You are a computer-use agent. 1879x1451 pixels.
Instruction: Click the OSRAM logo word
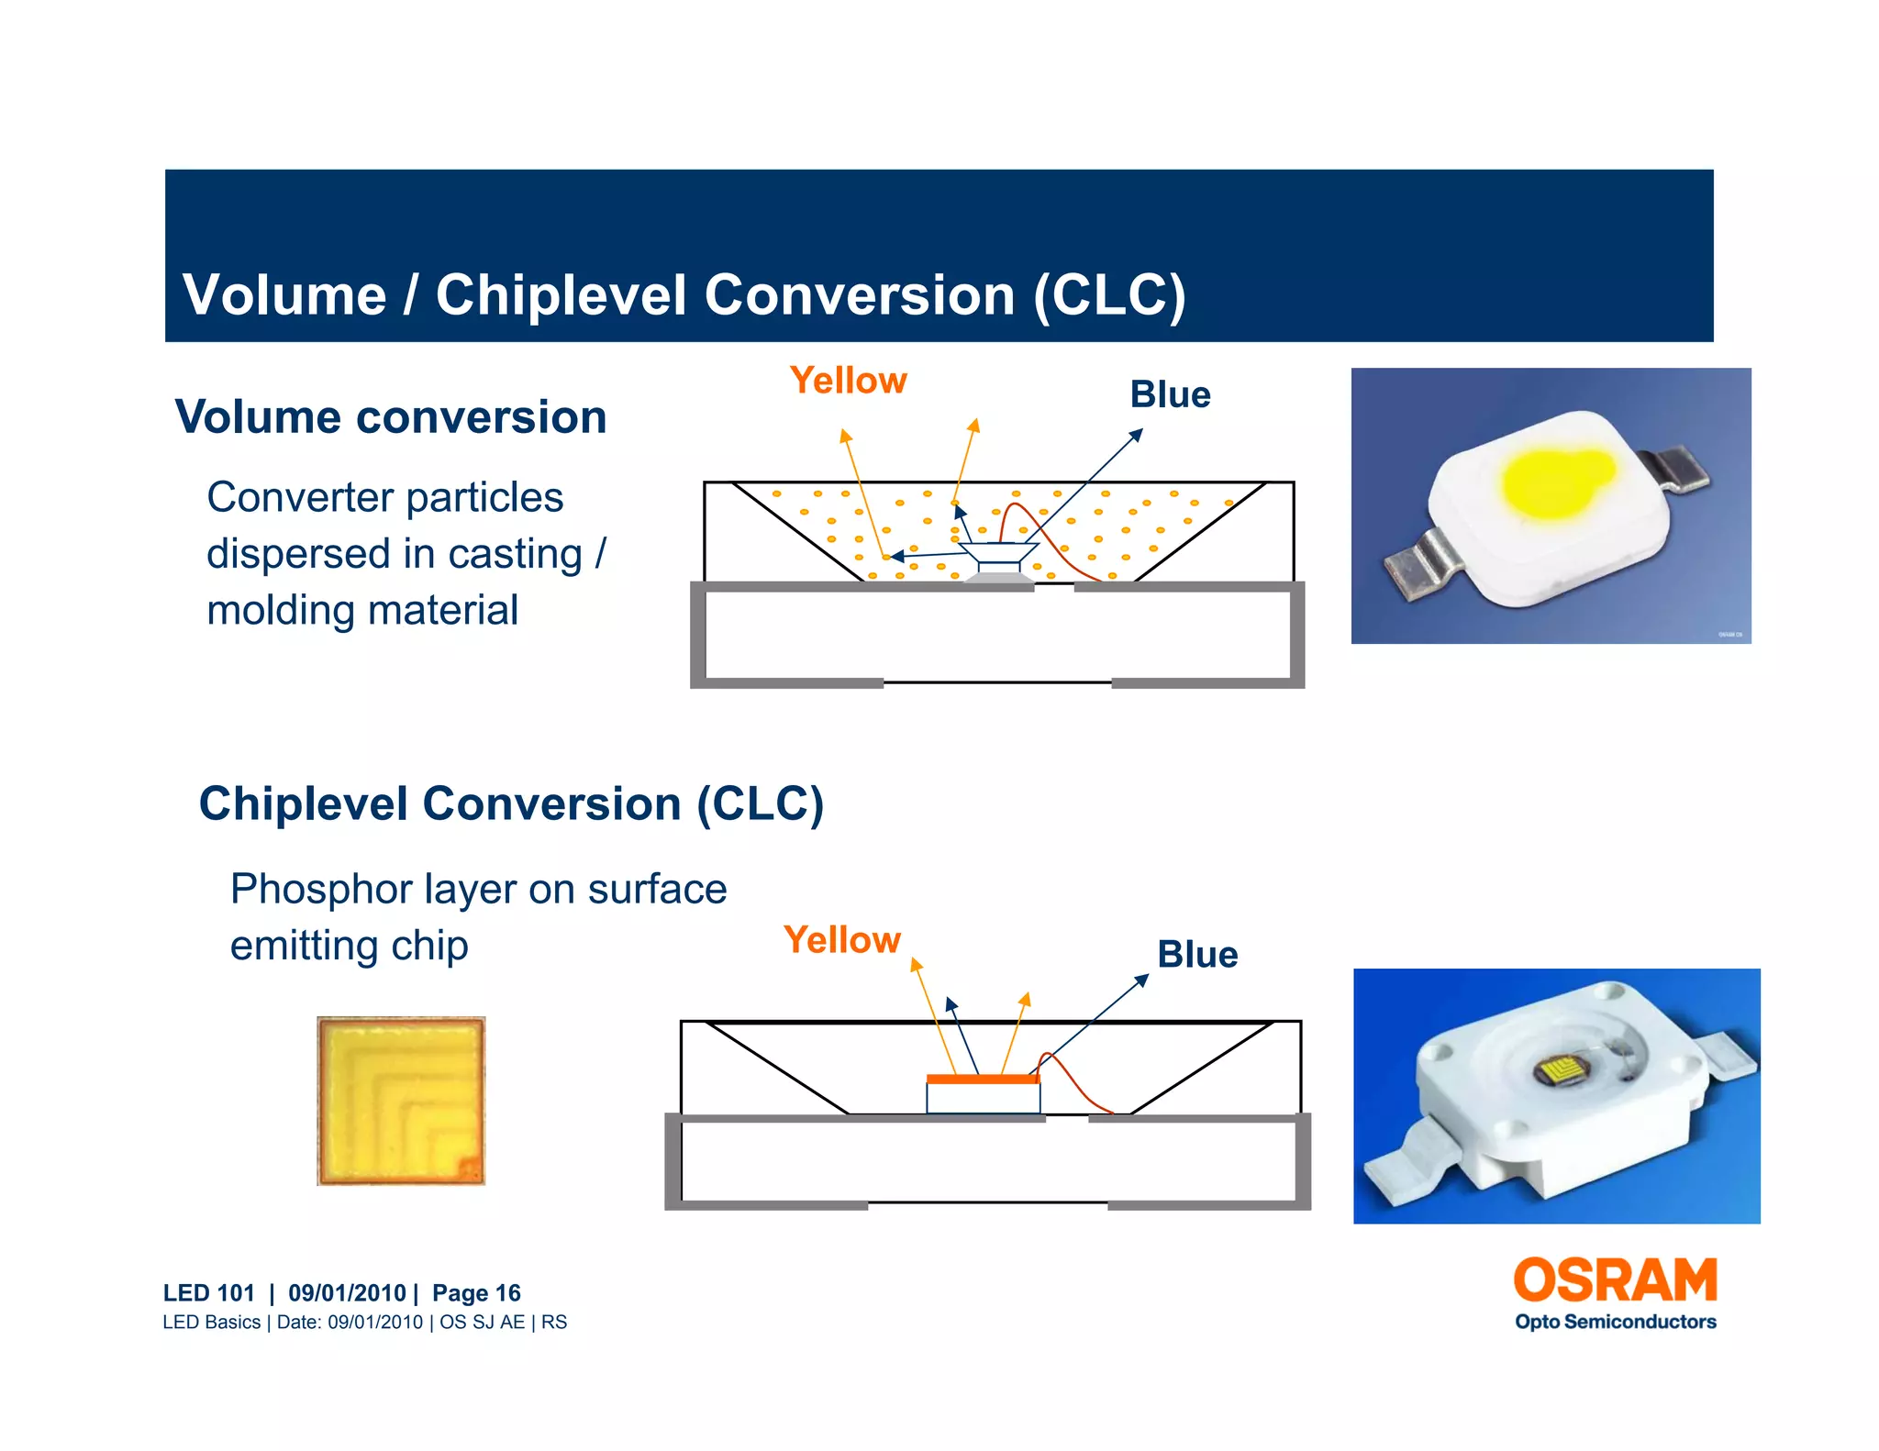pos(1615,1280)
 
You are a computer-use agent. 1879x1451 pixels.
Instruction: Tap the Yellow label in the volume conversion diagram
pos(848,381)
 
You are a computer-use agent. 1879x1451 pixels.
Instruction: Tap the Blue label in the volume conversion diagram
pos(1170,395)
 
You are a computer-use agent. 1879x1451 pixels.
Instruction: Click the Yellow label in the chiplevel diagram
pos(841,940)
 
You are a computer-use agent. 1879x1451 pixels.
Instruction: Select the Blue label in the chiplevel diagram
pos(1197,955)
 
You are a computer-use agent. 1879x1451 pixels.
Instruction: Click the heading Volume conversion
pos(391,417)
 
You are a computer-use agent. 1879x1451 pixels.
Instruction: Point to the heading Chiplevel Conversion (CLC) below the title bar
pos(511,803)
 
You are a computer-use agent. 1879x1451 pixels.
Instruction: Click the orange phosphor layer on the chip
pos(983,1080)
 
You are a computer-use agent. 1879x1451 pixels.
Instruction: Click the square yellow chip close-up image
pos(401,1101)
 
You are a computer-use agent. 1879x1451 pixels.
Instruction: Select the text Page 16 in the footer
pos(476,1293)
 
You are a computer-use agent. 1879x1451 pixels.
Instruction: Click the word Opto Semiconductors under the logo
pos(1615,1322)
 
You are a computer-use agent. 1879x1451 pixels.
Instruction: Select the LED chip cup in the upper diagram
pos(998,555)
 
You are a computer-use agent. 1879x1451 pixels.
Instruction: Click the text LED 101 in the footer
pos(208,1293)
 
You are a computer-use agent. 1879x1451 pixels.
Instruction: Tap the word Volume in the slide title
pos(284,295)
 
